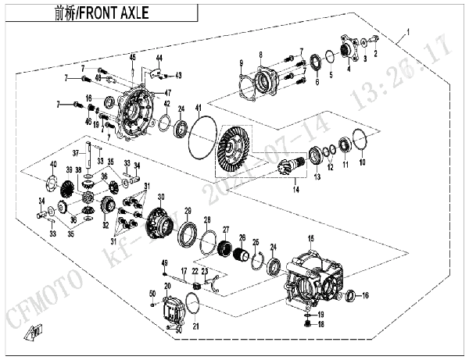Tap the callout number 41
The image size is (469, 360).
(199, 106)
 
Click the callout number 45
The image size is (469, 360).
(133, 58)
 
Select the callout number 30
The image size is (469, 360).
(161, 197)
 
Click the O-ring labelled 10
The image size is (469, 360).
(360, 141)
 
